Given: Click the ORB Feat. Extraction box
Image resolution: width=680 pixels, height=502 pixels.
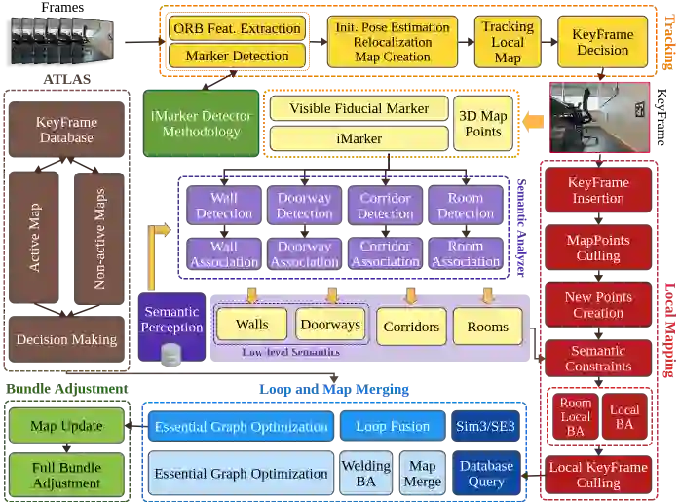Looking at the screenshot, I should tap(237, 28).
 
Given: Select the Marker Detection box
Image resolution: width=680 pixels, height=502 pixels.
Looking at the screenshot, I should tap(237, 56).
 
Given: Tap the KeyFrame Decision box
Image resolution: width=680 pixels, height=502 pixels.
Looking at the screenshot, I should tap(602, 42).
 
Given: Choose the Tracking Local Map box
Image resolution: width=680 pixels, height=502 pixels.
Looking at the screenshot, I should tap(508, 42).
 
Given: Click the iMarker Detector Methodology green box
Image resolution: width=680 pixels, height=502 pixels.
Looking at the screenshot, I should tap(201, 124).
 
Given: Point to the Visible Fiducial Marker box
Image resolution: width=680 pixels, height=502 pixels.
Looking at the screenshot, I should tap(359, 108).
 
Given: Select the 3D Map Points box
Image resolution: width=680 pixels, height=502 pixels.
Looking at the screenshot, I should tap(483, 124).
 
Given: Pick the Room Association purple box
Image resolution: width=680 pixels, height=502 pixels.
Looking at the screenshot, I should tap(466, 253).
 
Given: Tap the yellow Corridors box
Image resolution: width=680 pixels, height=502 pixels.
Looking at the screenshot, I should tap(410, 327).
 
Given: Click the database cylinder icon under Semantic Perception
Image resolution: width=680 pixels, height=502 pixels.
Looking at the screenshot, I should tap(172, 355).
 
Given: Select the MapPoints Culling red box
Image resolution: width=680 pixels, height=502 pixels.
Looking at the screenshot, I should tap(598, 248).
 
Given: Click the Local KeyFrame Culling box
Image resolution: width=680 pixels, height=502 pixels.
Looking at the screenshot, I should tap(598, 475).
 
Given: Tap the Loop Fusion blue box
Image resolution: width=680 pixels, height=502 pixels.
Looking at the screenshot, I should tap(393, 426).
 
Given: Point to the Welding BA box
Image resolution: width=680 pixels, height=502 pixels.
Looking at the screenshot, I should tap(365, 474).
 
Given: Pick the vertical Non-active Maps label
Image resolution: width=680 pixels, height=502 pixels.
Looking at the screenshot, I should tap(99, 238).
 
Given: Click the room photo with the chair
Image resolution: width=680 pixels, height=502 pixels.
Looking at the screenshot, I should tap(599, 118).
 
